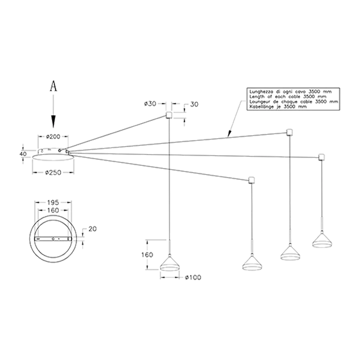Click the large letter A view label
click(53, 86)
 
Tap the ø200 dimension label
click(53, 136)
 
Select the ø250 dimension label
click(53, 172)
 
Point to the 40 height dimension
click(23, 154)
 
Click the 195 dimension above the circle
click(53, 203)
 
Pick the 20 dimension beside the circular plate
click(92, 229)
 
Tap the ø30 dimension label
click(150, 104)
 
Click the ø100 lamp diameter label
click(193, 277)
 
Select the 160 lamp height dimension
click(147, 255)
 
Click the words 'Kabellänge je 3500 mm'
click(278, 107)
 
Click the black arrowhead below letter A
click(53, 121)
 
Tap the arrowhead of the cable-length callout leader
click(229, 134)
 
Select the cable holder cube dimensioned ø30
click(169, 115)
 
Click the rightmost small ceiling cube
click(321, 157)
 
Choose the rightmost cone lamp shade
click(322, 240)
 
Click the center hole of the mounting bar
click(53, 239)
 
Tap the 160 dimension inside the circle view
click(53, 210)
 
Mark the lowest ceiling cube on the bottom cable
click(252, 180)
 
